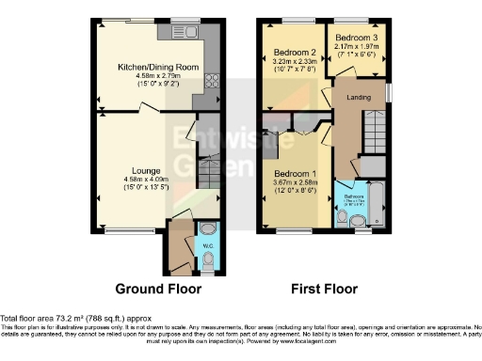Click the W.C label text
pos(208,248)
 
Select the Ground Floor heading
pos(155,288)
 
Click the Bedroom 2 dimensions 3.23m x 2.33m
pos(293,62)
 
